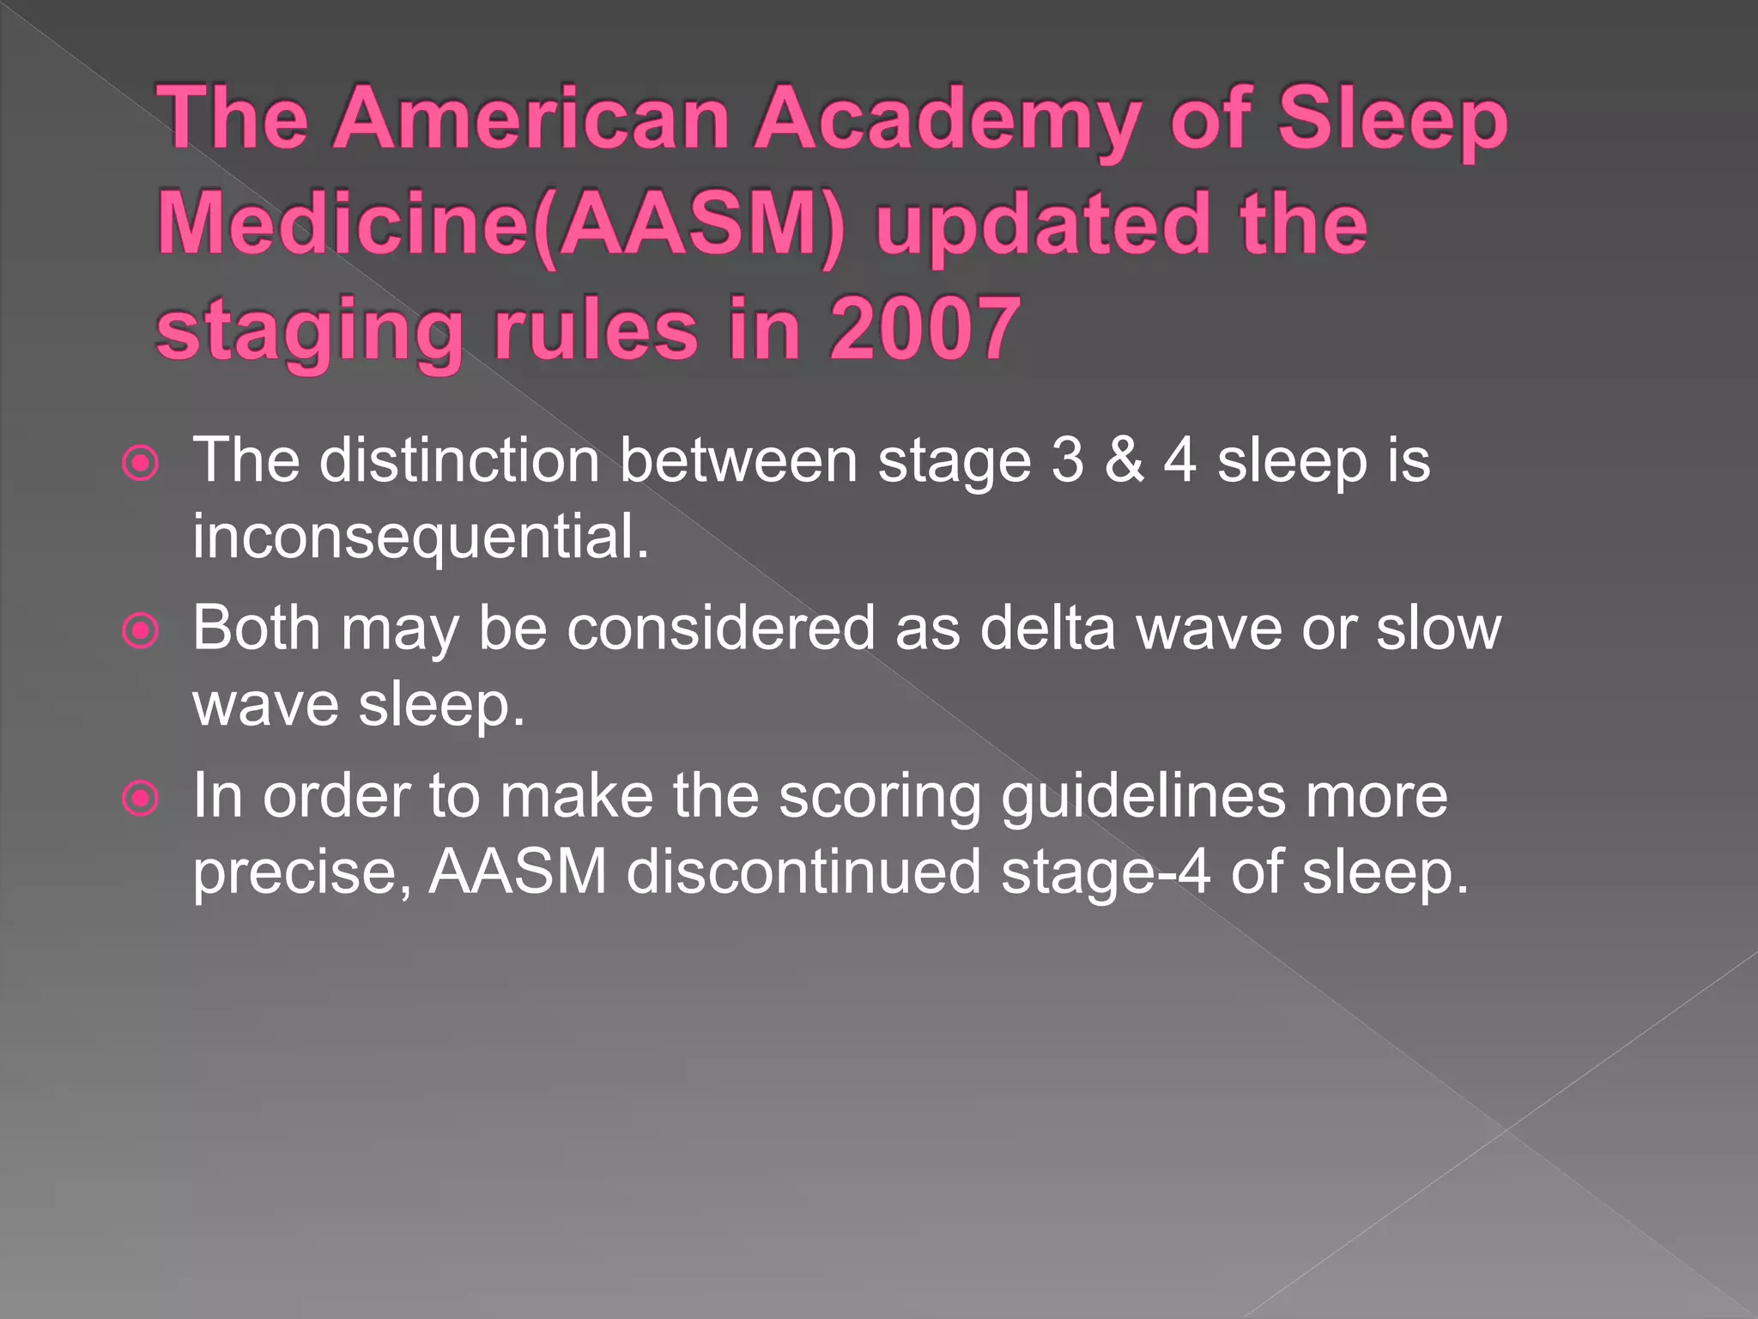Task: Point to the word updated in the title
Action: click(1043, 225)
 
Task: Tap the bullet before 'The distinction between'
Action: click(141, 464)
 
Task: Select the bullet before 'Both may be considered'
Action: click(141, 631)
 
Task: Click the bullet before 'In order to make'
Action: click(141, 799)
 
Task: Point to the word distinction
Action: click(459, 461)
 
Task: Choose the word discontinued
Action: click(803, 872)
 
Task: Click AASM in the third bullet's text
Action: click(518, 872)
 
